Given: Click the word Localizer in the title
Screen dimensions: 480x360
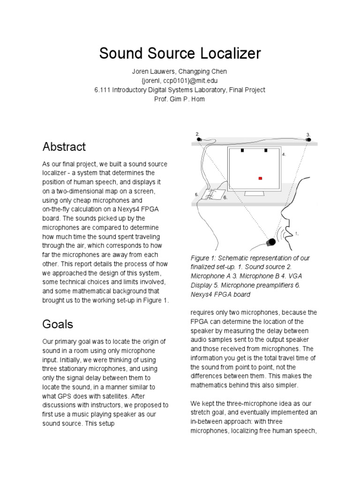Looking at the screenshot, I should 228,53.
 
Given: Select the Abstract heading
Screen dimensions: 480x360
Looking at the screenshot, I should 64,147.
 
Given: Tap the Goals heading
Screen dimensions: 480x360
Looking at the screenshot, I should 58,323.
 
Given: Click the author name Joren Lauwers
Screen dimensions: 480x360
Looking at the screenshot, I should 149,71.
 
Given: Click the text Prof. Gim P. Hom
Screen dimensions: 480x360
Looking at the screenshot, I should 180,99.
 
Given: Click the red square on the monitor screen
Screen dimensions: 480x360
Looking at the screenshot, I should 261,178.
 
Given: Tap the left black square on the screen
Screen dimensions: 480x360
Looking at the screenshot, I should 242,151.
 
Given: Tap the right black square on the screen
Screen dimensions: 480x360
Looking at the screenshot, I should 266,151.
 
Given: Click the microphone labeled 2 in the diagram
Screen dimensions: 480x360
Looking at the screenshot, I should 200,139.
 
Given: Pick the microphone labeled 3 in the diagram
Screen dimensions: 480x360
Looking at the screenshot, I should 309,139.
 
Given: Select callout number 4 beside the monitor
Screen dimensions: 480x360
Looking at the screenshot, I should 284,154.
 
